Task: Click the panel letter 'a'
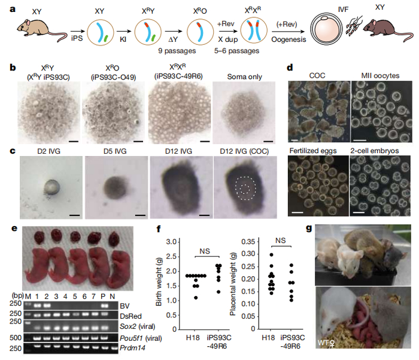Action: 13,10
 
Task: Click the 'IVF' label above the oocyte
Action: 343,10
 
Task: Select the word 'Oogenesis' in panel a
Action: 289,39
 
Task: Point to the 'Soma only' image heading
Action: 244,77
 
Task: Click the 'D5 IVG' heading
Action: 115,151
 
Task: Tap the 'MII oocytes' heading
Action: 380,75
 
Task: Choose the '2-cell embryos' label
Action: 375,151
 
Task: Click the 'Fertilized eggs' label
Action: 313,151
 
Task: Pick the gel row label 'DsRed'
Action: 130,316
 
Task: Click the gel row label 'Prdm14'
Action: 132,348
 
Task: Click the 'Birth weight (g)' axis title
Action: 159,282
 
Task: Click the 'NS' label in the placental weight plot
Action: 281,240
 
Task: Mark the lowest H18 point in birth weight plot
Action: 196,297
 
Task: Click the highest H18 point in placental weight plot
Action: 272,255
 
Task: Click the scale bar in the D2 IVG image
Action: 75,215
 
